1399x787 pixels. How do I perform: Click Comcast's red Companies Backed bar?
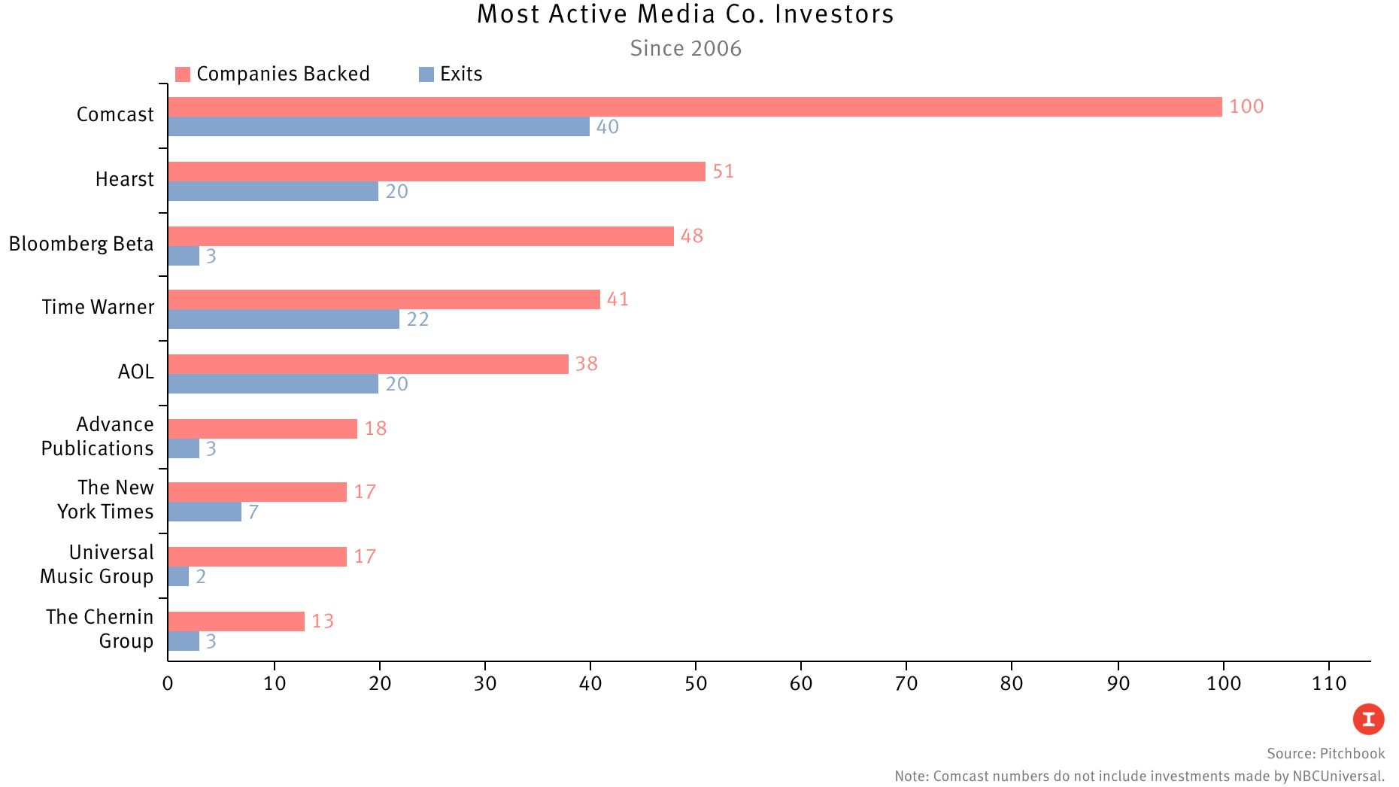[x=695, y=107]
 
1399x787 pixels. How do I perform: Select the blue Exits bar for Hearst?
[x=273, y=191]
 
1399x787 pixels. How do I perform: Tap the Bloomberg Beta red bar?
[x=420, y=236]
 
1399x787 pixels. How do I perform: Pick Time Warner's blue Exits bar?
[x=284, y=319]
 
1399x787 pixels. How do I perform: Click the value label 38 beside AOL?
[x=587, y=364]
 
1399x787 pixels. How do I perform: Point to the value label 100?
[x=1246, y=107]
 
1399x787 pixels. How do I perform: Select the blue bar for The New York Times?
[x=205, y=512]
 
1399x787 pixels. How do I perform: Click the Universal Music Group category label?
[x=97, y=564]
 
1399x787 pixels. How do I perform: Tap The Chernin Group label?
[x=100, y=629]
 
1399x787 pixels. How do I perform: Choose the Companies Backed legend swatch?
[x=183, y=74]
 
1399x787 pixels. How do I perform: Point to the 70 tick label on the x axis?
[x=906, y=683]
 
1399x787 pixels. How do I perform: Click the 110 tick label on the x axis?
[x=1329, y=683]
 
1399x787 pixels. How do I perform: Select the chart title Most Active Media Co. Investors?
[x=685, y=14]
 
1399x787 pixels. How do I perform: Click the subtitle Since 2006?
[x=685, y=48]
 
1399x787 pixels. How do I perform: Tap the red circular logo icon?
[x=1368, y=719]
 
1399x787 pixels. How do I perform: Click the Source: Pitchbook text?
[x=1325, y=754]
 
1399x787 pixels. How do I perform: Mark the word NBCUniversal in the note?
[x=1338, y=776]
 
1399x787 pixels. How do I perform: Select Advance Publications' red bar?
[x=263, y=429]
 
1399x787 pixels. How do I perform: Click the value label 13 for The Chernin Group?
[x=323, y=621]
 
